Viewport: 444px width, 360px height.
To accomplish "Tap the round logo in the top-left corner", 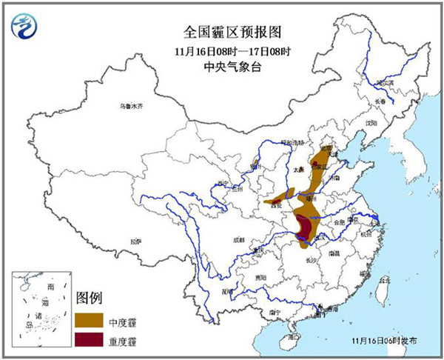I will coord(25,27).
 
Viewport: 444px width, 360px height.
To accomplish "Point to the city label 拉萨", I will coord(135,241).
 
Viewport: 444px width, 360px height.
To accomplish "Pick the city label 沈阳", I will coord(370,122).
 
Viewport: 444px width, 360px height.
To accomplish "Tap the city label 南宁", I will coord(275,312).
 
